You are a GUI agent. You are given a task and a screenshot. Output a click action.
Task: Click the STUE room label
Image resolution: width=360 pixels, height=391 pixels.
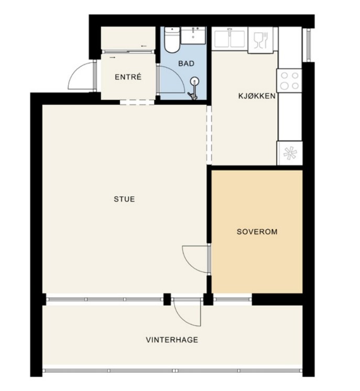pos(124,199)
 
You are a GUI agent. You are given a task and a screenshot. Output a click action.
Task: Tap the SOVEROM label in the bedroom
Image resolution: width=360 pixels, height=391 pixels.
pos(257,232)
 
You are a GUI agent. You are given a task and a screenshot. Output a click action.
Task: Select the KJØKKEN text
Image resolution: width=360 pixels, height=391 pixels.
pos(257,96)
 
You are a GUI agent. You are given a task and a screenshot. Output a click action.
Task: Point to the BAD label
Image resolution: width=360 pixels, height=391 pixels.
pos(186,63)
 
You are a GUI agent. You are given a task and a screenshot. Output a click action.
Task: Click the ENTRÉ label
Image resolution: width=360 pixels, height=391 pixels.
pos(128,77)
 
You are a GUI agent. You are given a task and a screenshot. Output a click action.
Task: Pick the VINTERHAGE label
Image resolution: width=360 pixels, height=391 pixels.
pos(172,340)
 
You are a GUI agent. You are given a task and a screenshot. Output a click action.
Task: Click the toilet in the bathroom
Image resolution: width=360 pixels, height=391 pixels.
pos(172,40)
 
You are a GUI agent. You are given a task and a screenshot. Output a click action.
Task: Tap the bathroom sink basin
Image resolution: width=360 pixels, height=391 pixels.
pos(193,35)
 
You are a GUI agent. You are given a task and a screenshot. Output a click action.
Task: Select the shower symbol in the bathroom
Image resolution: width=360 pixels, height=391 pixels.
pos(194,88)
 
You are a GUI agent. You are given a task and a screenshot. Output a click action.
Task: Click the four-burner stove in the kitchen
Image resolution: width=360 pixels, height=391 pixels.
pos(289,81)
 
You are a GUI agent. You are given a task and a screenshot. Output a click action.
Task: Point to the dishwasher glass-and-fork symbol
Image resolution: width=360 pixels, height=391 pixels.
pos(260,40)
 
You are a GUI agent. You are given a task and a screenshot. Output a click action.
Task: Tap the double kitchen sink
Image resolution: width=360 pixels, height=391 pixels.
pos(230,39)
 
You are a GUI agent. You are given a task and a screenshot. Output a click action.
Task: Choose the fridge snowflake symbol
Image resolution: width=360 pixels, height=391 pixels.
pos(290,153)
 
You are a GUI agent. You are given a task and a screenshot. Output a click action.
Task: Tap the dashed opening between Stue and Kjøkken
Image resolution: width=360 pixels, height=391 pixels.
pos(209,135)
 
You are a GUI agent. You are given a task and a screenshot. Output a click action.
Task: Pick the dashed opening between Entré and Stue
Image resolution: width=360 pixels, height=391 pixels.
pos(137,102)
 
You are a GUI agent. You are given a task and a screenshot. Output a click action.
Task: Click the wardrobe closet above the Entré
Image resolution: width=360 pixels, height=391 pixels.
pos(128,38)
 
